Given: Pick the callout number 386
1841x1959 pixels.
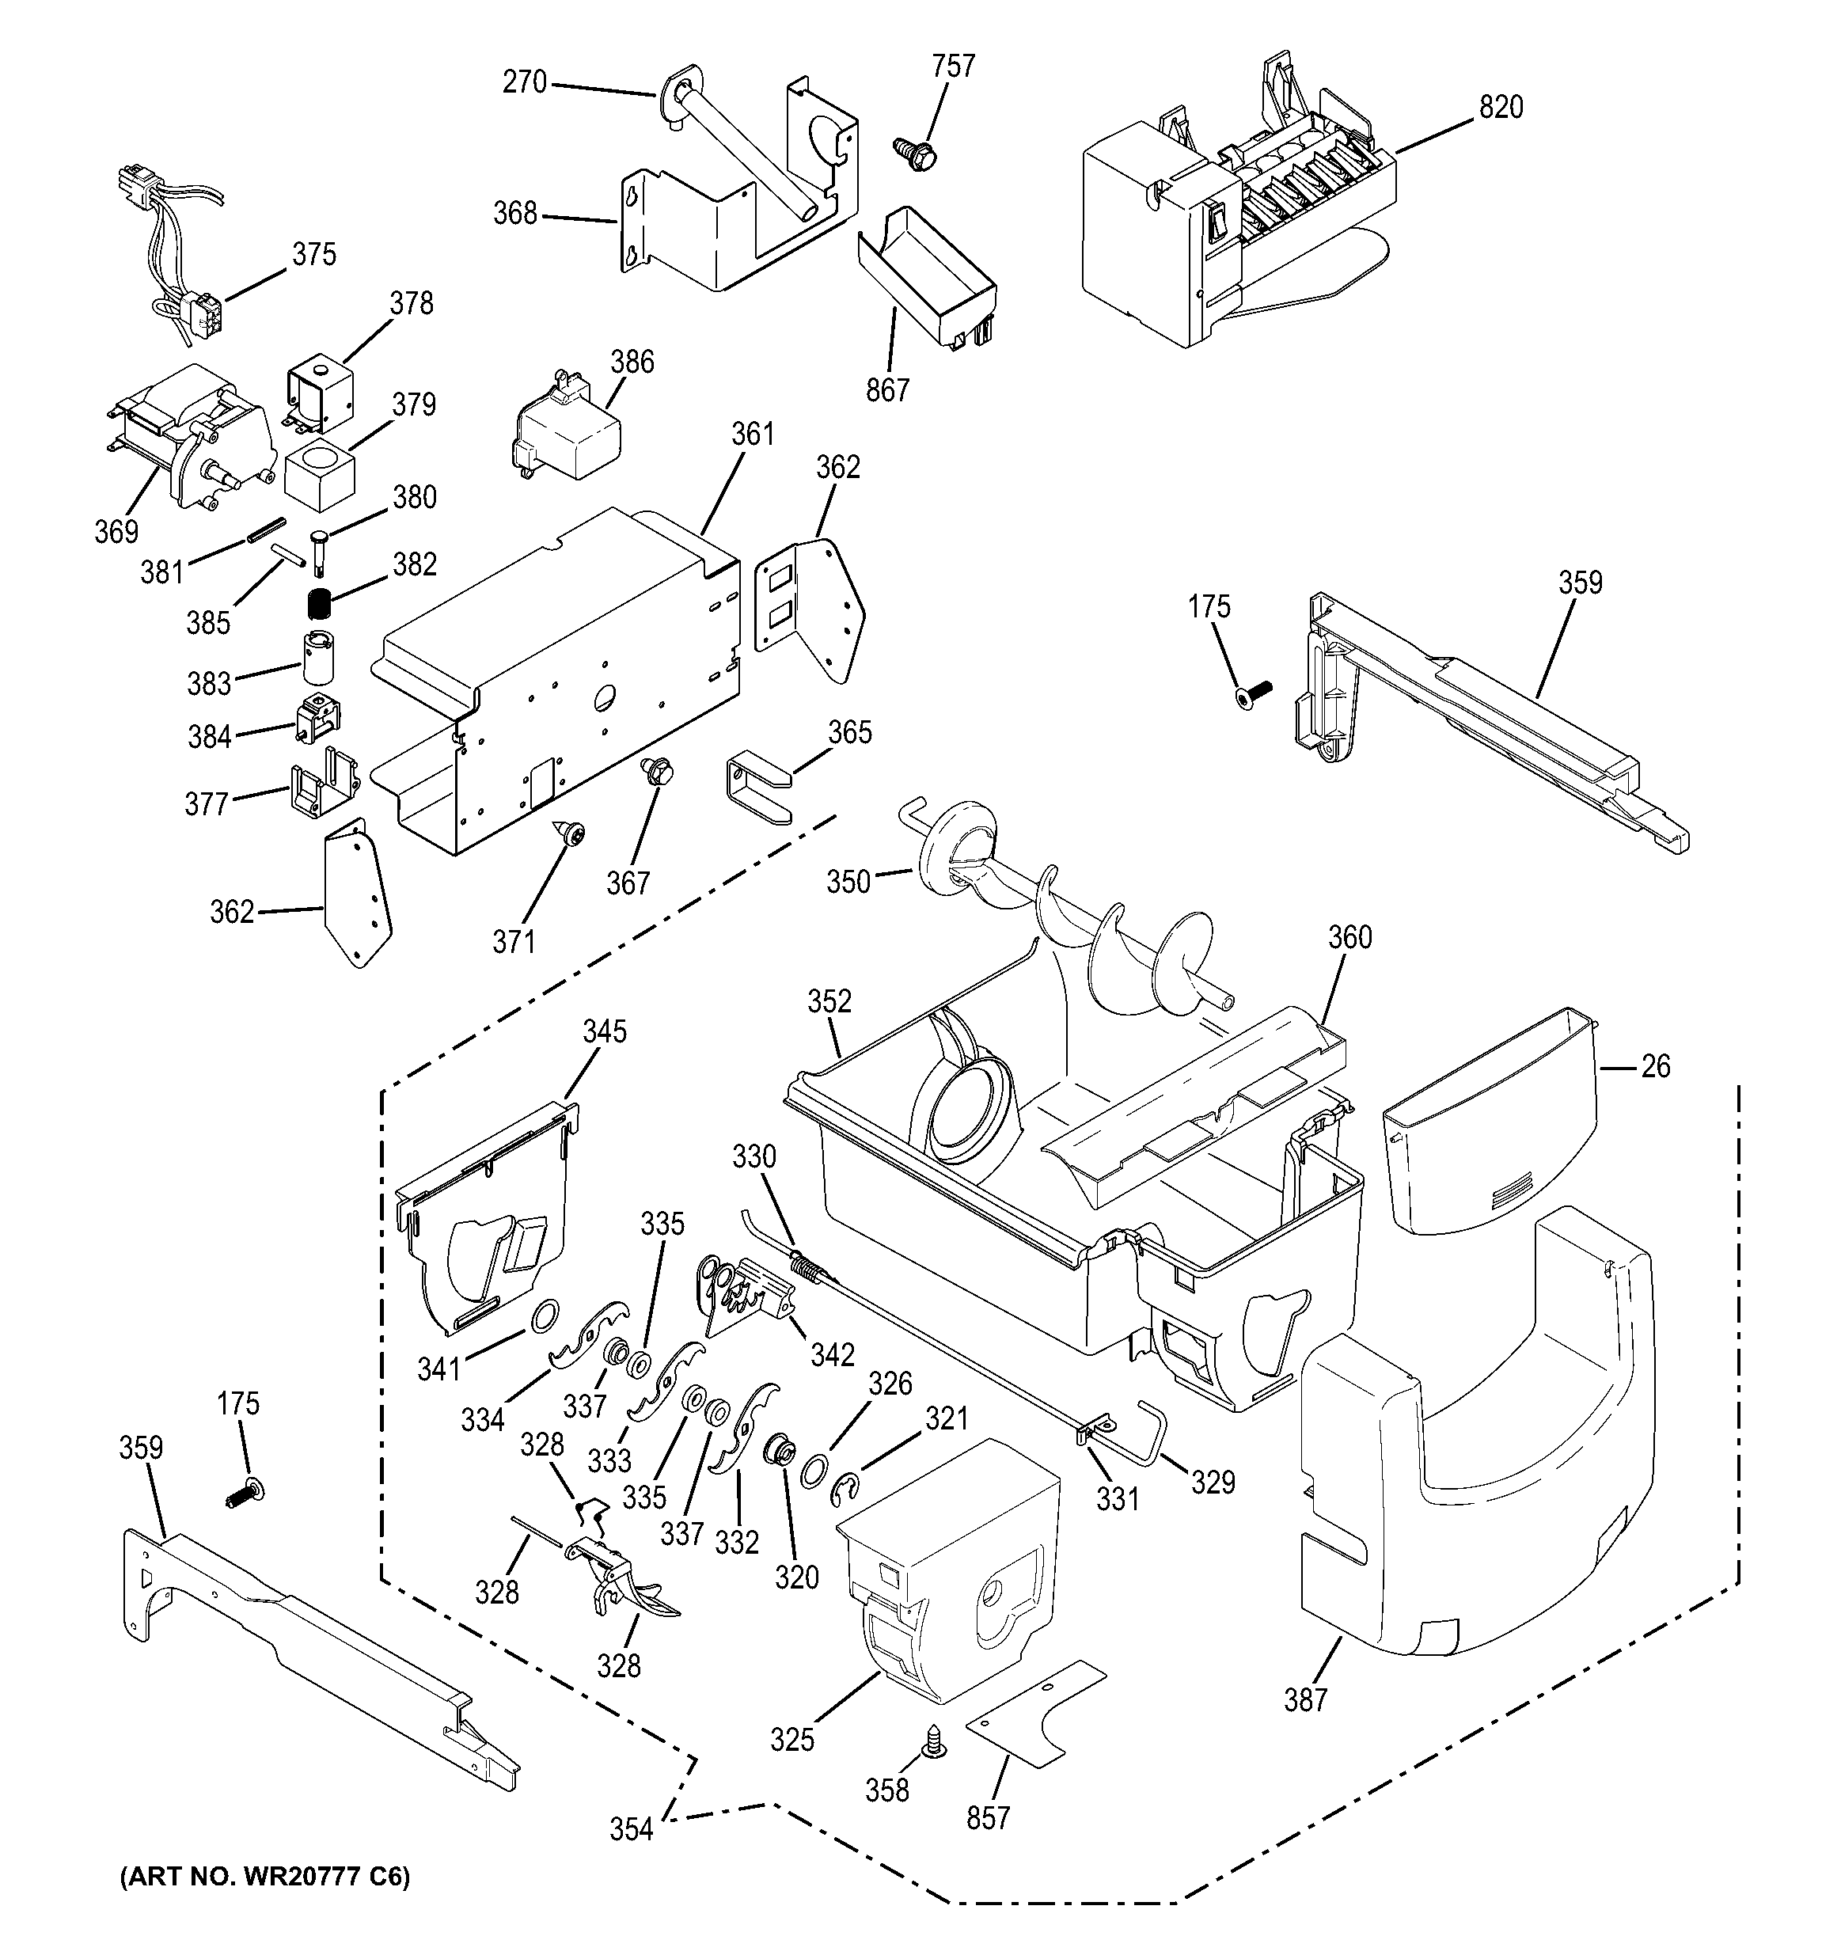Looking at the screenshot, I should [632, 362].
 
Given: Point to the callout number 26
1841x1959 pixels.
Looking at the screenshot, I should [1656, 1066].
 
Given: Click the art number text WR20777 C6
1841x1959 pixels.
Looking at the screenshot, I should [264, 1878].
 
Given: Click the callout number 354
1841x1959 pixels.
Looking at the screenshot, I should [631, 1830].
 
